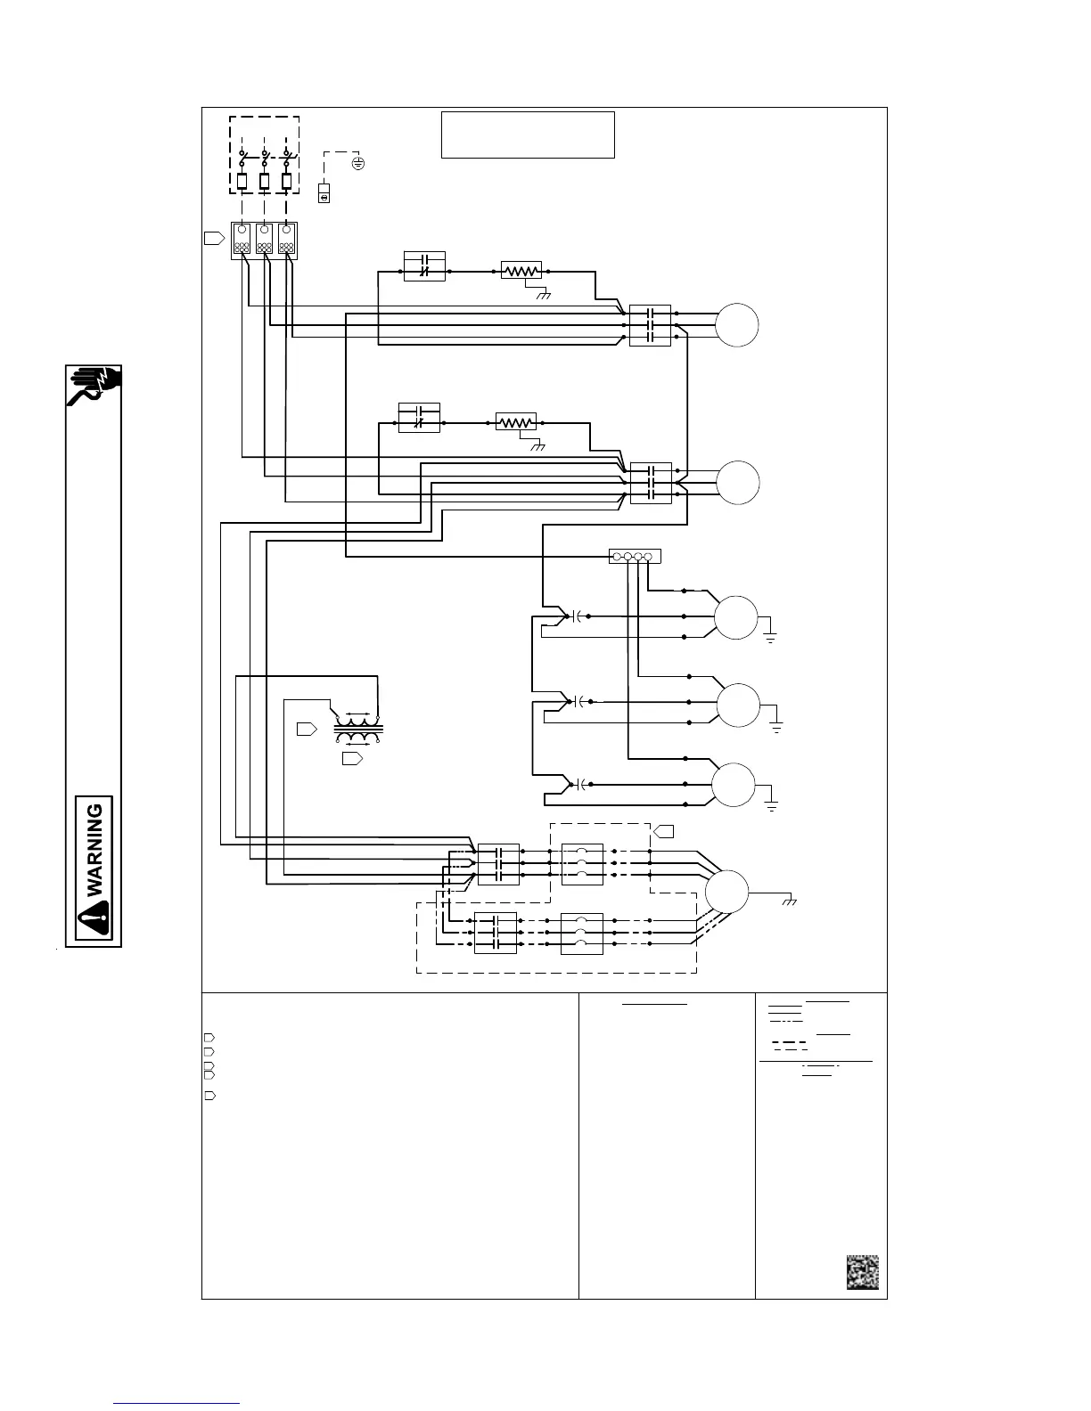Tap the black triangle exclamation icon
[94, 917]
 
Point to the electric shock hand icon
[95, 385]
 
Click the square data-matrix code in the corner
[862, 1272]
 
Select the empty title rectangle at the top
[528, 135]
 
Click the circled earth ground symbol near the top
[358, 164]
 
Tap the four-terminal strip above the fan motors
[634, 557]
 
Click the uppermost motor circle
[737, 325]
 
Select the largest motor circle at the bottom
[727, 891]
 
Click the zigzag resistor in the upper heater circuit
[521, 270]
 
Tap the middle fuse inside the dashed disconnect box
[265, 182]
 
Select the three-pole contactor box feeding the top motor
[650, 325]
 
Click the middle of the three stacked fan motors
[739, 705]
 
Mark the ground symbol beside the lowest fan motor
[772, 804]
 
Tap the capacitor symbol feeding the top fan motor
[578, 616]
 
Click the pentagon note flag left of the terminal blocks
[214, 238]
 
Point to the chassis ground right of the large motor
[789, 901]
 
